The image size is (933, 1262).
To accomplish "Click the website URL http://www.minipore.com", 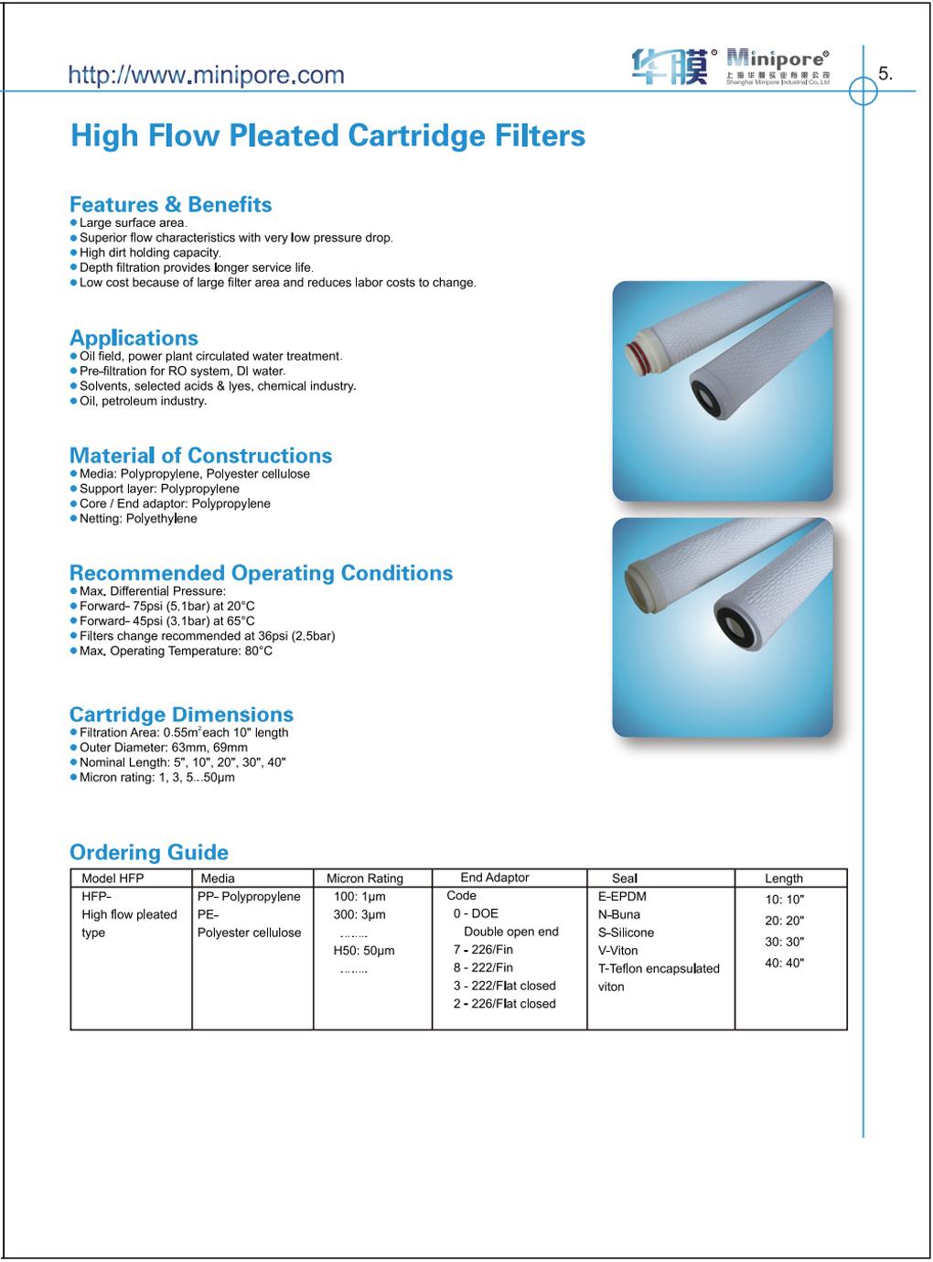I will pos(207,75).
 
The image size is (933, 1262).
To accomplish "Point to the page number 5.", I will pos(885,74).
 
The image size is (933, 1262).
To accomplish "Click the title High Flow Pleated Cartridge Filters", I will pos(327,136).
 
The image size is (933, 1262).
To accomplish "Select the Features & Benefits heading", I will pos(171,204).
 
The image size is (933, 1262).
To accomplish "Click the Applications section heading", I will pos(134,338).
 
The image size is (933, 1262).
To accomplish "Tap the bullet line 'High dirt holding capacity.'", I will pos(150,253).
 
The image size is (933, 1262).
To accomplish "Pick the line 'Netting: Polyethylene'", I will pos(138,519).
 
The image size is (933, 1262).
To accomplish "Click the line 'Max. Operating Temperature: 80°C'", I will pos(176,651).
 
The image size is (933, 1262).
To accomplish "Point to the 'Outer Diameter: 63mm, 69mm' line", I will pos(163,748).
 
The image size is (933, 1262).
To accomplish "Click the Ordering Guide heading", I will pos(149,852).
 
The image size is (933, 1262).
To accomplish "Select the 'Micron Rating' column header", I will pos(365,879).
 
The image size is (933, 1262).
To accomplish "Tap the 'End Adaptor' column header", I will pos(495,878).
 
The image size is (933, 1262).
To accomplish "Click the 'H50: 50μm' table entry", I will pos(364,951).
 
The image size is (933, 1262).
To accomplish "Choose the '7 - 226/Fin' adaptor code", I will pos(483,950).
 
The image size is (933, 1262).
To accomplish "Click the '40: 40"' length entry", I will pos(785,963).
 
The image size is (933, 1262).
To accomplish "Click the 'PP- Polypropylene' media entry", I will pos(249,897).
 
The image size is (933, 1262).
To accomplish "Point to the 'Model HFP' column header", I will pos(113,879).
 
